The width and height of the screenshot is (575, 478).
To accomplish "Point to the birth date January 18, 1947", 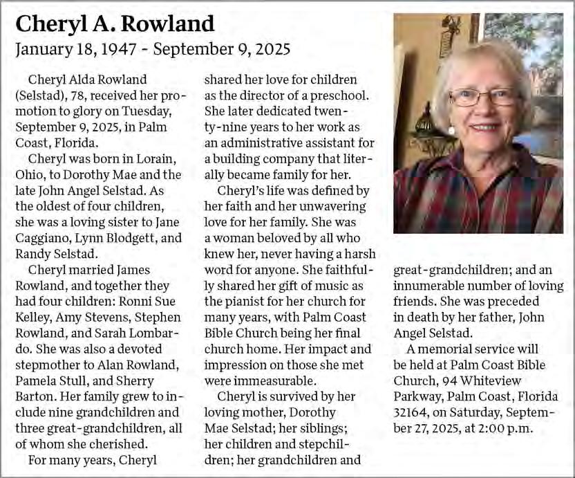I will (76, 50).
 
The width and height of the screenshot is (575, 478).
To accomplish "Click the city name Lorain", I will (144, 158).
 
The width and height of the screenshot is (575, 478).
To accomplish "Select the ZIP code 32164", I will (413, 413).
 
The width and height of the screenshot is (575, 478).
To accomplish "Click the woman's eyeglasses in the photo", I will (483, 97).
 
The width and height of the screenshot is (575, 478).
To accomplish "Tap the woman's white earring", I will (451, 130).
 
